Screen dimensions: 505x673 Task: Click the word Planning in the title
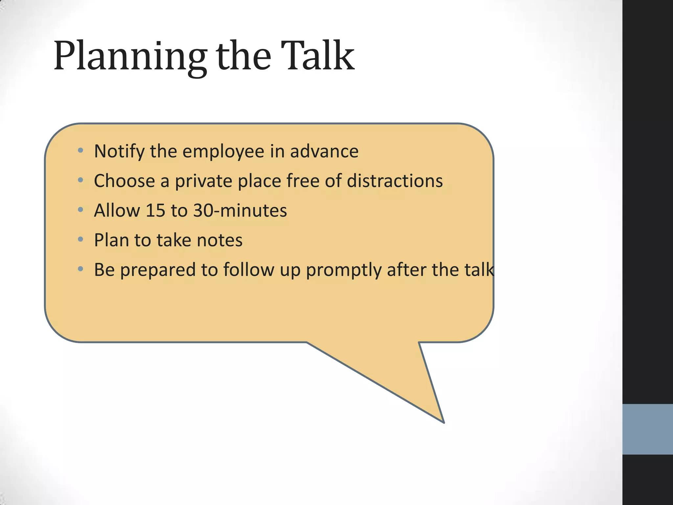130,57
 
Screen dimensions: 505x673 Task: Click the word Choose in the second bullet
124,181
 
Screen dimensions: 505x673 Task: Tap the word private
203,181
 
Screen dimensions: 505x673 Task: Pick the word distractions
395,181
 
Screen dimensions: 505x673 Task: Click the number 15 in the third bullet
155,210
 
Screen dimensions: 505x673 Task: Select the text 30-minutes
240,210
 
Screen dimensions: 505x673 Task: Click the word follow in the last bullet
249,270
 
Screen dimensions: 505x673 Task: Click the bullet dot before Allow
81,210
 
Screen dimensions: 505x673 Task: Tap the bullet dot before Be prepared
81,269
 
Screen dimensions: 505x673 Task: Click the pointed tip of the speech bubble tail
443,422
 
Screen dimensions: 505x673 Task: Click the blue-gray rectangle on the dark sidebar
647,429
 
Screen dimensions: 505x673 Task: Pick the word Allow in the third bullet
117,210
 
